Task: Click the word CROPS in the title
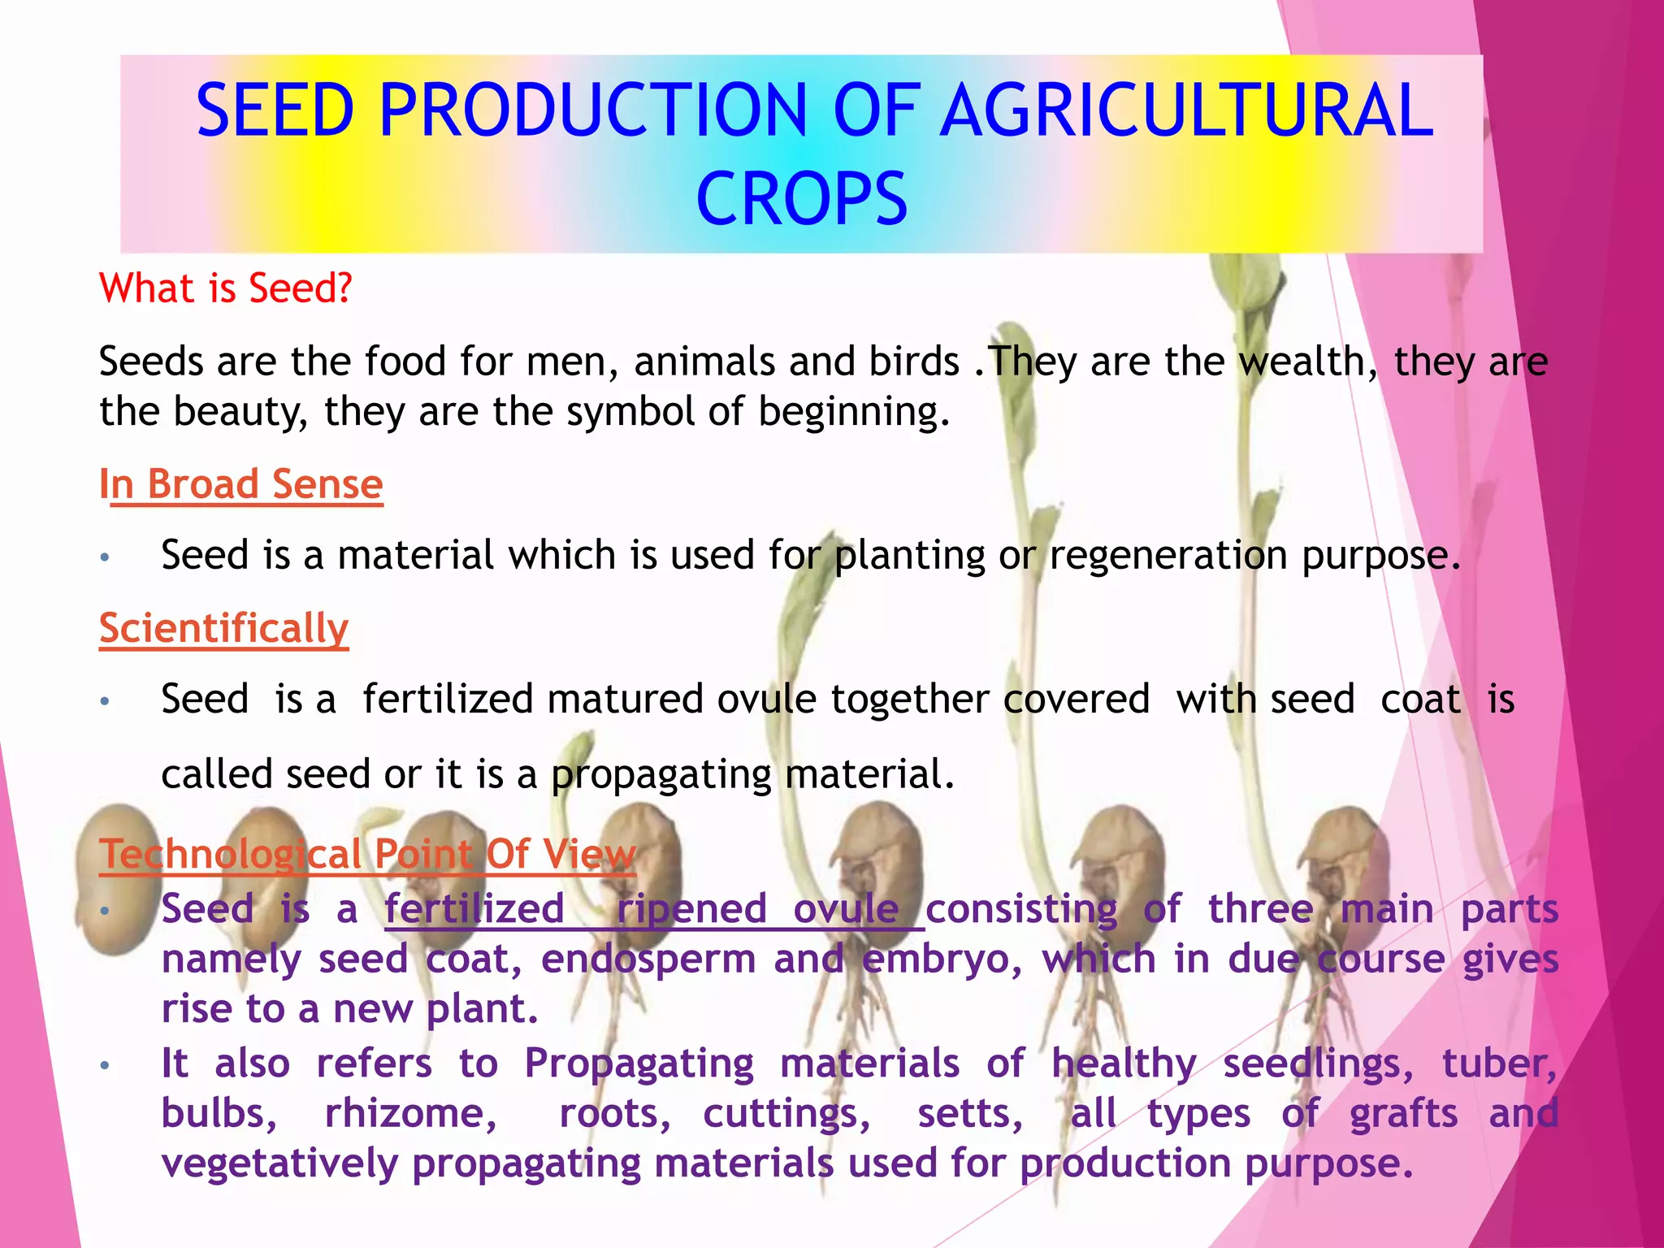[801, 199]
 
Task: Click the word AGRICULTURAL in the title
[1188, 110]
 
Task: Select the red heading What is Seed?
[226, 288]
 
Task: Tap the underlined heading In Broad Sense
[241, 484]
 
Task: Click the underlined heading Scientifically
[224, 628]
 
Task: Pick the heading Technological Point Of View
[367, 854]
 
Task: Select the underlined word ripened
[691, 908]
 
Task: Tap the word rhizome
[410, 1113]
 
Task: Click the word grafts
[1403, 1113]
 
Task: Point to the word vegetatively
[279, 1163]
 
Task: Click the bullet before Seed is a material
[104, 557]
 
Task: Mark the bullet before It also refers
[104, 1065]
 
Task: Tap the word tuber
[1498, 1064]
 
